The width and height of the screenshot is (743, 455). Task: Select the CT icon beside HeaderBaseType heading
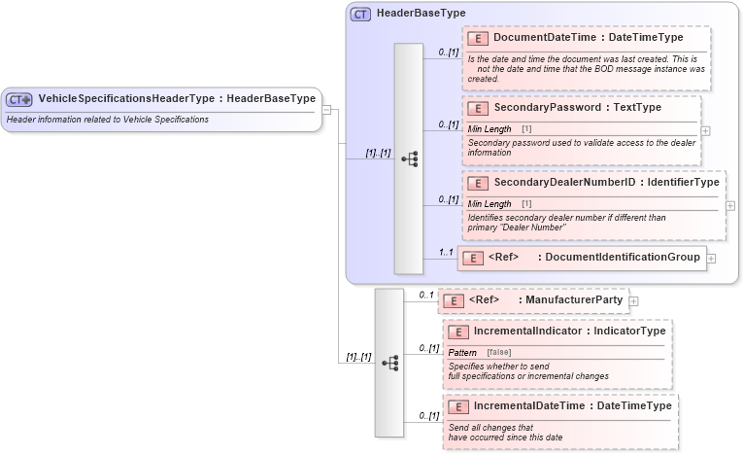(x=360, y=14)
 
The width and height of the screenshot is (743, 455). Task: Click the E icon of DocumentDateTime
(x=477, y=38)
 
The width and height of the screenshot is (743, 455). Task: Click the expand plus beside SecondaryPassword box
(x=705, y=129)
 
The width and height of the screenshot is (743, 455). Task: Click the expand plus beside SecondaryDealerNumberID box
(x=730, y=205)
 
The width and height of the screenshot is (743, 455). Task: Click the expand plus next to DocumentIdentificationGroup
(x=711, y=258)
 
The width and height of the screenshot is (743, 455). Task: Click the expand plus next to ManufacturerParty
(x=633, y=300)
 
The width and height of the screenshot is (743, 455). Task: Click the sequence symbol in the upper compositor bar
(x=409, y=158)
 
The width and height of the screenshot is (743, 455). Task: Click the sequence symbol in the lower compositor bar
(x=389, y=363)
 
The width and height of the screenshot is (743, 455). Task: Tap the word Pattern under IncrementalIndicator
(x=462, y=351)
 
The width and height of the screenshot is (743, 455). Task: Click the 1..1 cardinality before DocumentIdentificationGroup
(x=447, y=252)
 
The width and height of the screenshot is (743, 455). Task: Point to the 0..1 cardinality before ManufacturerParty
(x=425, y=295)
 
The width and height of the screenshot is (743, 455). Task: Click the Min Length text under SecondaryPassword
(x=490, y=128)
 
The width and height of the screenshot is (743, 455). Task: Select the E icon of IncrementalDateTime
(x=457, y=406)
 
